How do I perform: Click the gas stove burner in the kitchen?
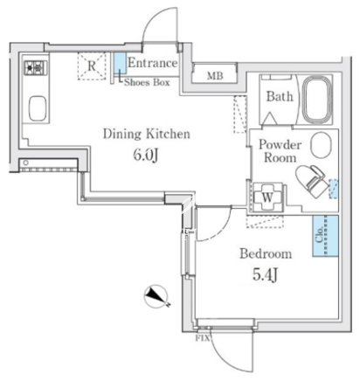(x=36, y=68)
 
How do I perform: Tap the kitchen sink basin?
(x=38, y=108)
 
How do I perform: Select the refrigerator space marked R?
(x=92, y=66)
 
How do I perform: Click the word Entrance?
(x=153, y=63)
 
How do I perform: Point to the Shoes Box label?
(x=147, y=82)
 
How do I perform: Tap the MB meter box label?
(x=215, y=76)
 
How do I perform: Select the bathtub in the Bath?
(x=317, y=100)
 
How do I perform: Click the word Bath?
(x=280, y=96)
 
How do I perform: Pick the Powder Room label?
(x=280, y=151)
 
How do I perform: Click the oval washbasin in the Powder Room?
(x=321, y=145)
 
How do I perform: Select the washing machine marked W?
(x=267, y=197)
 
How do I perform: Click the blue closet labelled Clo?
(x=325, y=236)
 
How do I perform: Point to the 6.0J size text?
(x=146, y=155)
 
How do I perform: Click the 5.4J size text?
(x=265, y=274)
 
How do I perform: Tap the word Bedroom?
(x=266, y=253)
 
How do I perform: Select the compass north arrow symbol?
(x=156, y=296)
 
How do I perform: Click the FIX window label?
(x=202, y=338)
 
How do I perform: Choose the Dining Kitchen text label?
(x=147, y=134)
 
